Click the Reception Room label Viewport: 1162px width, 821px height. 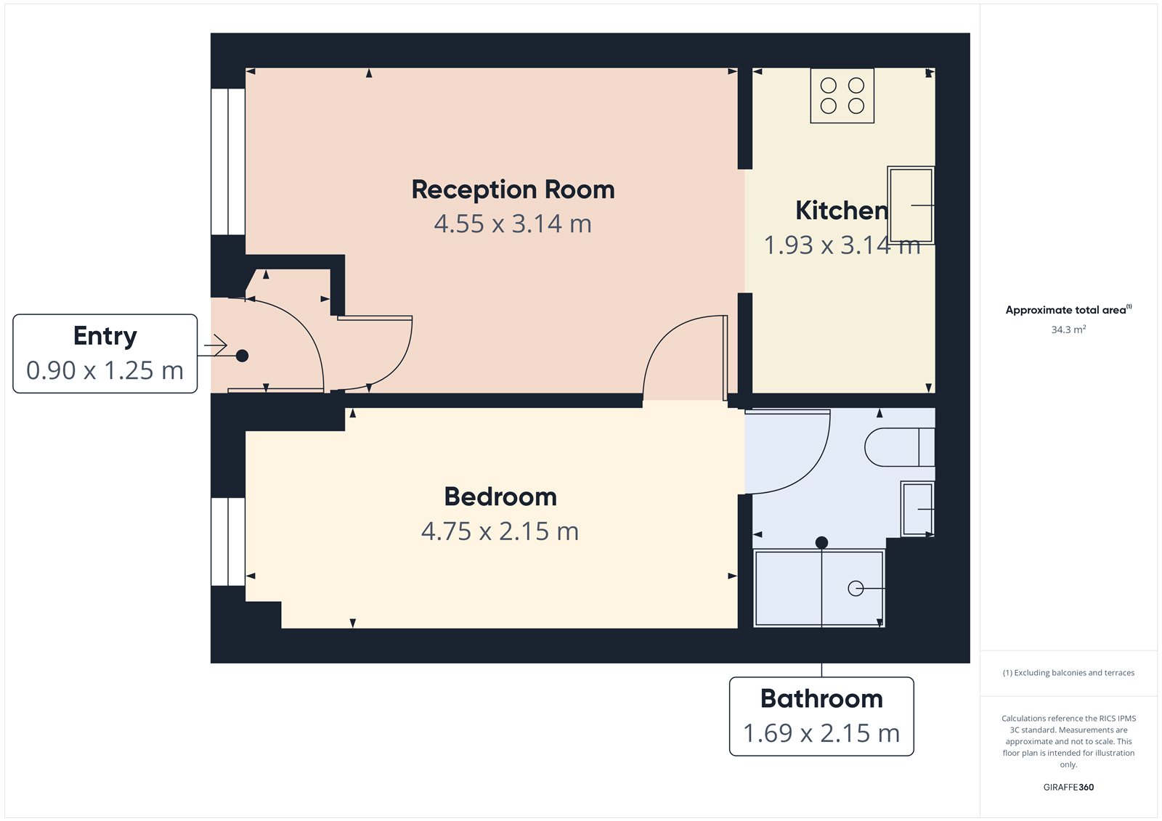[513, 190]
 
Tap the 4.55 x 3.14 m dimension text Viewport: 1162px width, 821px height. [513, 224]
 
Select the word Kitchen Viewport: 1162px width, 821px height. [841, 211]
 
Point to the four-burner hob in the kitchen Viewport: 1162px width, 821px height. [842, 96]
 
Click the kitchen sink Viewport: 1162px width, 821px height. [911, 205]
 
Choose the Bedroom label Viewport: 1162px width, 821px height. [500, 497]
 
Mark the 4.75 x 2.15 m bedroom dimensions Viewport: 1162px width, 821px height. [500, 531]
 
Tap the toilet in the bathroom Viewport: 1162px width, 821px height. [898, 447]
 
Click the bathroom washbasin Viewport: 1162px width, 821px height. [917, 509]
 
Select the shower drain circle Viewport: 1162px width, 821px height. [856, 589]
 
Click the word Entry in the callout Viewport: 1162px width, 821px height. [105, 336]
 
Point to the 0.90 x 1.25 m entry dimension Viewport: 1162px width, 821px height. [105, 371]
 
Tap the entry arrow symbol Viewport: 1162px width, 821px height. [216, 346]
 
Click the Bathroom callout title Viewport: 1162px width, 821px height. [821, 699]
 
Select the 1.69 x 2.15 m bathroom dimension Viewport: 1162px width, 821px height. [821, 733]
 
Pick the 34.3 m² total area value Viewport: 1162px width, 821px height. [1068, 330]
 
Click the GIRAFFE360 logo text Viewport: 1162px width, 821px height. [1068, 787]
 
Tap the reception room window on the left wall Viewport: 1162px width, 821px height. [228, 162]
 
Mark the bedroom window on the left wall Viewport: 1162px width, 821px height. [228, 542]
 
